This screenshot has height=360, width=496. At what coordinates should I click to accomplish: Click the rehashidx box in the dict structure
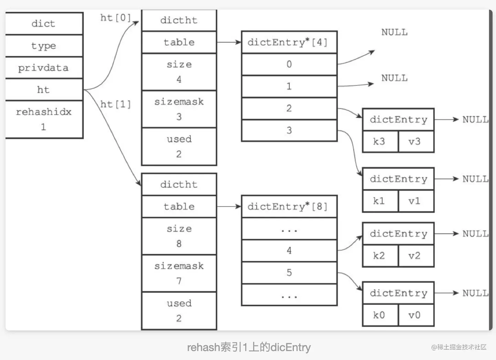(44, 119)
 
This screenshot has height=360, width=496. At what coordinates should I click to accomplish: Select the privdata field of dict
(44, 68)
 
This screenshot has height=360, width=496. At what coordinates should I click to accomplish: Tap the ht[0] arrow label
(115, 18)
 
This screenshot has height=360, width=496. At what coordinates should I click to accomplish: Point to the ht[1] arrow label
(115, 104)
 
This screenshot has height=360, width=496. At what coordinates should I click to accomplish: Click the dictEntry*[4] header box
(289, 42)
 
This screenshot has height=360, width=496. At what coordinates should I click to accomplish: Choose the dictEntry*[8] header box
(289, 207)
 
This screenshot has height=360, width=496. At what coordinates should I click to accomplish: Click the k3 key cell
(380, 141)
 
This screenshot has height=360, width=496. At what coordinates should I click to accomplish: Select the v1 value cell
(416, 201)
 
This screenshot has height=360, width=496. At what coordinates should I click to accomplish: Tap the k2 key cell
(380, 256)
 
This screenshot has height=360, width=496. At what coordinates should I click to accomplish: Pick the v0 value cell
(416, 315)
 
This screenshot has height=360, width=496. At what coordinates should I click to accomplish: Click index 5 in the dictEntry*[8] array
(289, 273)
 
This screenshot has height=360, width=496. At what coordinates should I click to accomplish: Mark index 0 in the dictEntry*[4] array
(289, 64)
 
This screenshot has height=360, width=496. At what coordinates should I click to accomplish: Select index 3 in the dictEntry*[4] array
(289, 130)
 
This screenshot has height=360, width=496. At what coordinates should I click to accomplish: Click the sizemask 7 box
(179, 273)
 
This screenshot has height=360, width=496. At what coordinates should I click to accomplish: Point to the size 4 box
(179, 72)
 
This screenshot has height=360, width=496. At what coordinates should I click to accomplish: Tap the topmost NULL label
(394, 32)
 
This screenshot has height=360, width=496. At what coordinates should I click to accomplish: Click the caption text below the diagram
(249, 347)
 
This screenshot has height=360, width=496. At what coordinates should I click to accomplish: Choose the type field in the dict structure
(44, 46)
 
